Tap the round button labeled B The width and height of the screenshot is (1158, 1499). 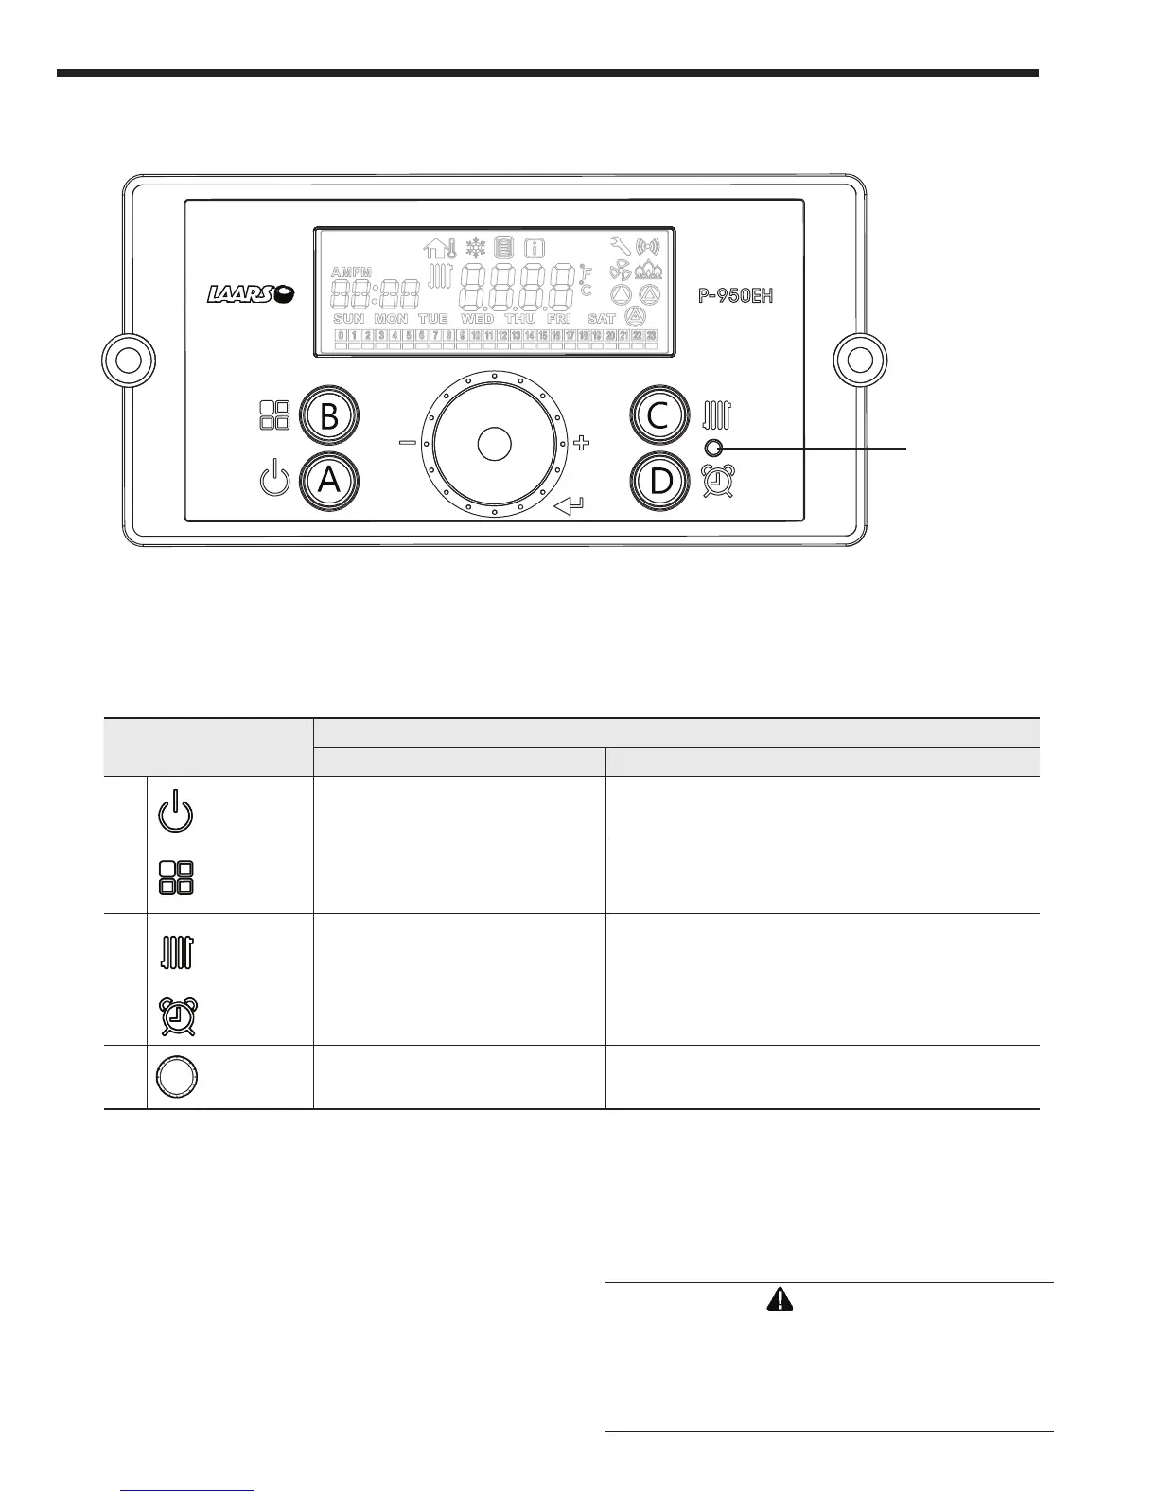click(330, 416)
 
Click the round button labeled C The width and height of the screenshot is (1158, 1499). click(660, 416)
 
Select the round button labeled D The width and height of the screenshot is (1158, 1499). click(660, 481)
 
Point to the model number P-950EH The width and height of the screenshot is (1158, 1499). click(736, 295)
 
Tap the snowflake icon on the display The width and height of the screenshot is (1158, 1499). click(475, 248)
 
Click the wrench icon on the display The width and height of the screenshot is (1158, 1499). click(621, 246)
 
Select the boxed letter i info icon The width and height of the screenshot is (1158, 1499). click(535, 249)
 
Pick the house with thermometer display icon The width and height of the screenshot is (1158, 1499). click(440, 249)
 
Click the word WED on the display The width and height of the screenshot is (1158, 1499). click(477, 319)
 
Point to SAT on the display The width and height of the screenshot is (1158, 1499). click(601, 319)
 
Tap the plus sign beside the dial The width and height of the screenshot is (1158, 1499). click(582, 442)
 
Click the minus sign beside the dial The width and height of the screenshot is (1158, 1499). click(407, 443)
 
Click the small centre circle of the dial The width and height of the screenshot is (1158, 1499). click(494, 444)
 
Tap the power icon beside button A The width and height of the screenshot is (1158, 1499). click(272, 479)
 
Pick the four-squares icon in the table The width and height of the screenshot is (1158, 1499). click(175, 877)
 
